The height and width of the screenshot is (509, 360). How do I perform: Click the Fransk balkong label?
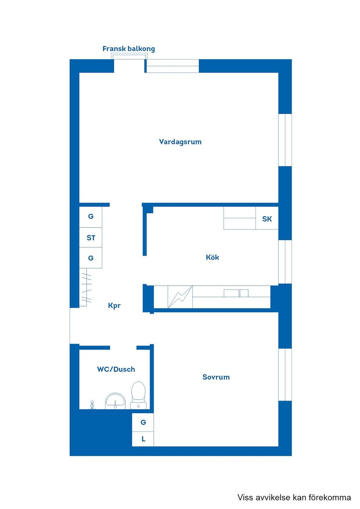point(129,49)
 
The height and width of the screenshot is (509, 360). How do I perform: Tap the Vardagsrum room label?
point(180,142)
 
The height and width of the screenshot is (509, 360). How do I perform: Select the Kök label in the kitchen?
point(212,257)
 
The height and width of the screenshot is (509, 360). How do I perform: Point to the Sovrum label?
point(216,377)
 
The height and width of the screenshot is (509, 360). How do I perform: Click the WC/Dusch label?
point(116,369)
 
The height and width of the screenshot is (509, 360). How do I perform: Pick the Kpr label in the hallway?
point(114,305)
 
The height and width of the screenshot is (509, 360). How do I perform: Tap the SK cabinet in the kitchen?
point(267,219)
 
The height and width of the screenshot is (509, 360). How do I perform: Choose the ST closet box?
point(91,238)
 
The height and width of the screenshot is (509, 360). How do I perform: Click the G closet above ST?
point(91,217)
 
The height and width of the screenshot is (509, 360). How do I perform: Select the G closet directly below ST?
point(91,258)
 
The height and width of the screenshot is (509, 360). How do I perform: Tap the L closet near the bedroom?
point(143,439)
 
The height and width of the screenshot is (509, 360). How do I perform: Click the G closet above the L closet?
point(143,422)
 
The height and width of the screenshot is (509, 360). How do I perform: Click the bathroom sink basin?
point(115,401)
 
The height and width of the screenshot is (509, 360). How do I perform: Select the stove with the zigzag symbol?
point(180,297)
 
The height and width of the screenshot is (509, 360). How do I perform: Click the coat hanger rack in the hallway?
point(86,287)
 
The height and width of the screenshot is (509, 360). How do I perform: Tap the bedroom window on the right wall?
point(285,374)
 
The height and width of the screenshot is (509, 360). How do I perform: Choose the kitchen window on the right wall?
point(285,262)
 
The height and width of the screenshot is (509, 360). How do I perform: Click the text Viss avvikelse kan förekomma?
point(294,497)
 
